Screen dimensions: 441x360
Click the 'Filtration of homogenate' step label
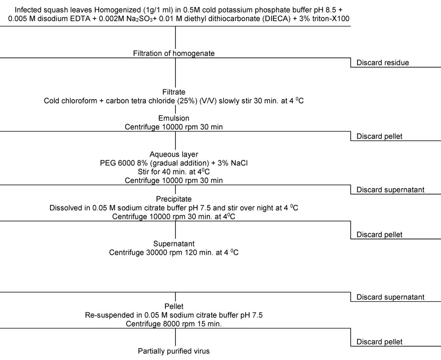click(x=174, y=53)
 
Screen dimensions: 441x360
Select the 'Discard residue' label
click(x=383, y=63)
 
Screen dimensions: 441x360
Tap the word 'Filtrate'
click(x=174, y=92)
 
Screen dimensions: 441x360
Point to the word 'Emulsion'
click(x=174, y=118)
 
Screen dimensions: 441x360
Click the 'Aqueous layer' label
click(x=174, y=154)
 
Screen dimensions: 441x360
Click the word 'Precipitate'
click(x=174, y=199)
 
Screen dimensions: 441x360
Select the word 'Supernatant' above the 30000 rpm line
click(x=174, y=244)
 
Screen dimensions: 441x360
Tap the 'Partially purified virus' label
click(x=174, y=351)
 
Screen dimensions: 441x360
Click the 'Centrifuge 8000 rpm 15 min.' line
click(x=174, y=324)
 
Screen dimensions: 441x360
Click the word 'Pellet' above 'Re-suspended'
click(x=174, y=306)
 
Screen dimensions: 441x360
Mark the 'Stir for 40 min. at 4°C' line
click(x=174, y=172)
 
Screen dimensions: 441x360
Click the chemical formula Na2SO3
click(x=139, y=19)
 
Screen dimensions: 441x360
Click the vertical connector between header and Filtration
click(x=176, y=37)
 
